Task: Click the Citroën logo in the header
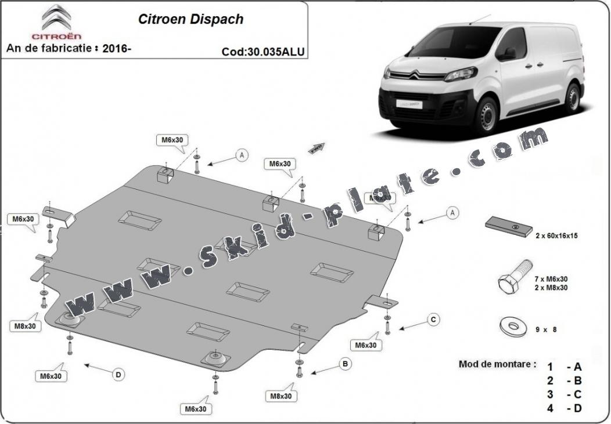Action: point(56,21)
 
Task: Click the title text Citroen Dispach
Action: point(191,19)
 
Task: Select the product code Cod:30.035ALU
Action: point(263,51)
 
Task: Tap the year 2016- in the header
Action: point(117,48)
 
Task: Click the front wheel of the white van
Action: point(486,116)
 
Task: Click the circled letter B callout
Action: point(345,364)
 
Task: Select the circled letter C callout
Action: point(433,320)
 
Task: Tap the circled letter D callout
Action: point(118,375)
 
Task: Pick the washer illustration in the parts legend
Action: point(513,327)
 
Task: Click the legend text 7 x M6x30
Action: point(551,279)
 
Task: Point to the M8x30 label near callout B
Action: point(281,396)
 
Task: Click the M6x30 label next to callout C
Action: point(366,345)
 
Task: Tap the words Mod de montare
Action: point(497,364)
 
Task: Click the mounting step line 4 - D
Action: point(564,408)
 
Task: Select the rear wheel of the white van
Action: point(572,97)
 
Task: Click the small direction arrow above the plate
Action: point(317,148)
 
